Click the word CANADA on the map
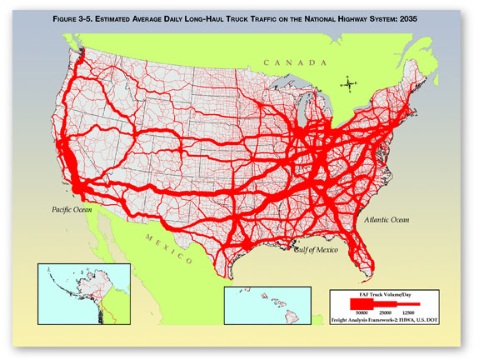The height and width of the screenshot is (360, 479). click(x=291, y=62)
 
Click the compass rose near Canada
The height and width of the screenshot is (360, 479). click(x=351, y=82)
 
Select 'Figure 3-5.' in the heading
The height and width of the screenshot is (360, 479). click(x=74, y=18)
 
